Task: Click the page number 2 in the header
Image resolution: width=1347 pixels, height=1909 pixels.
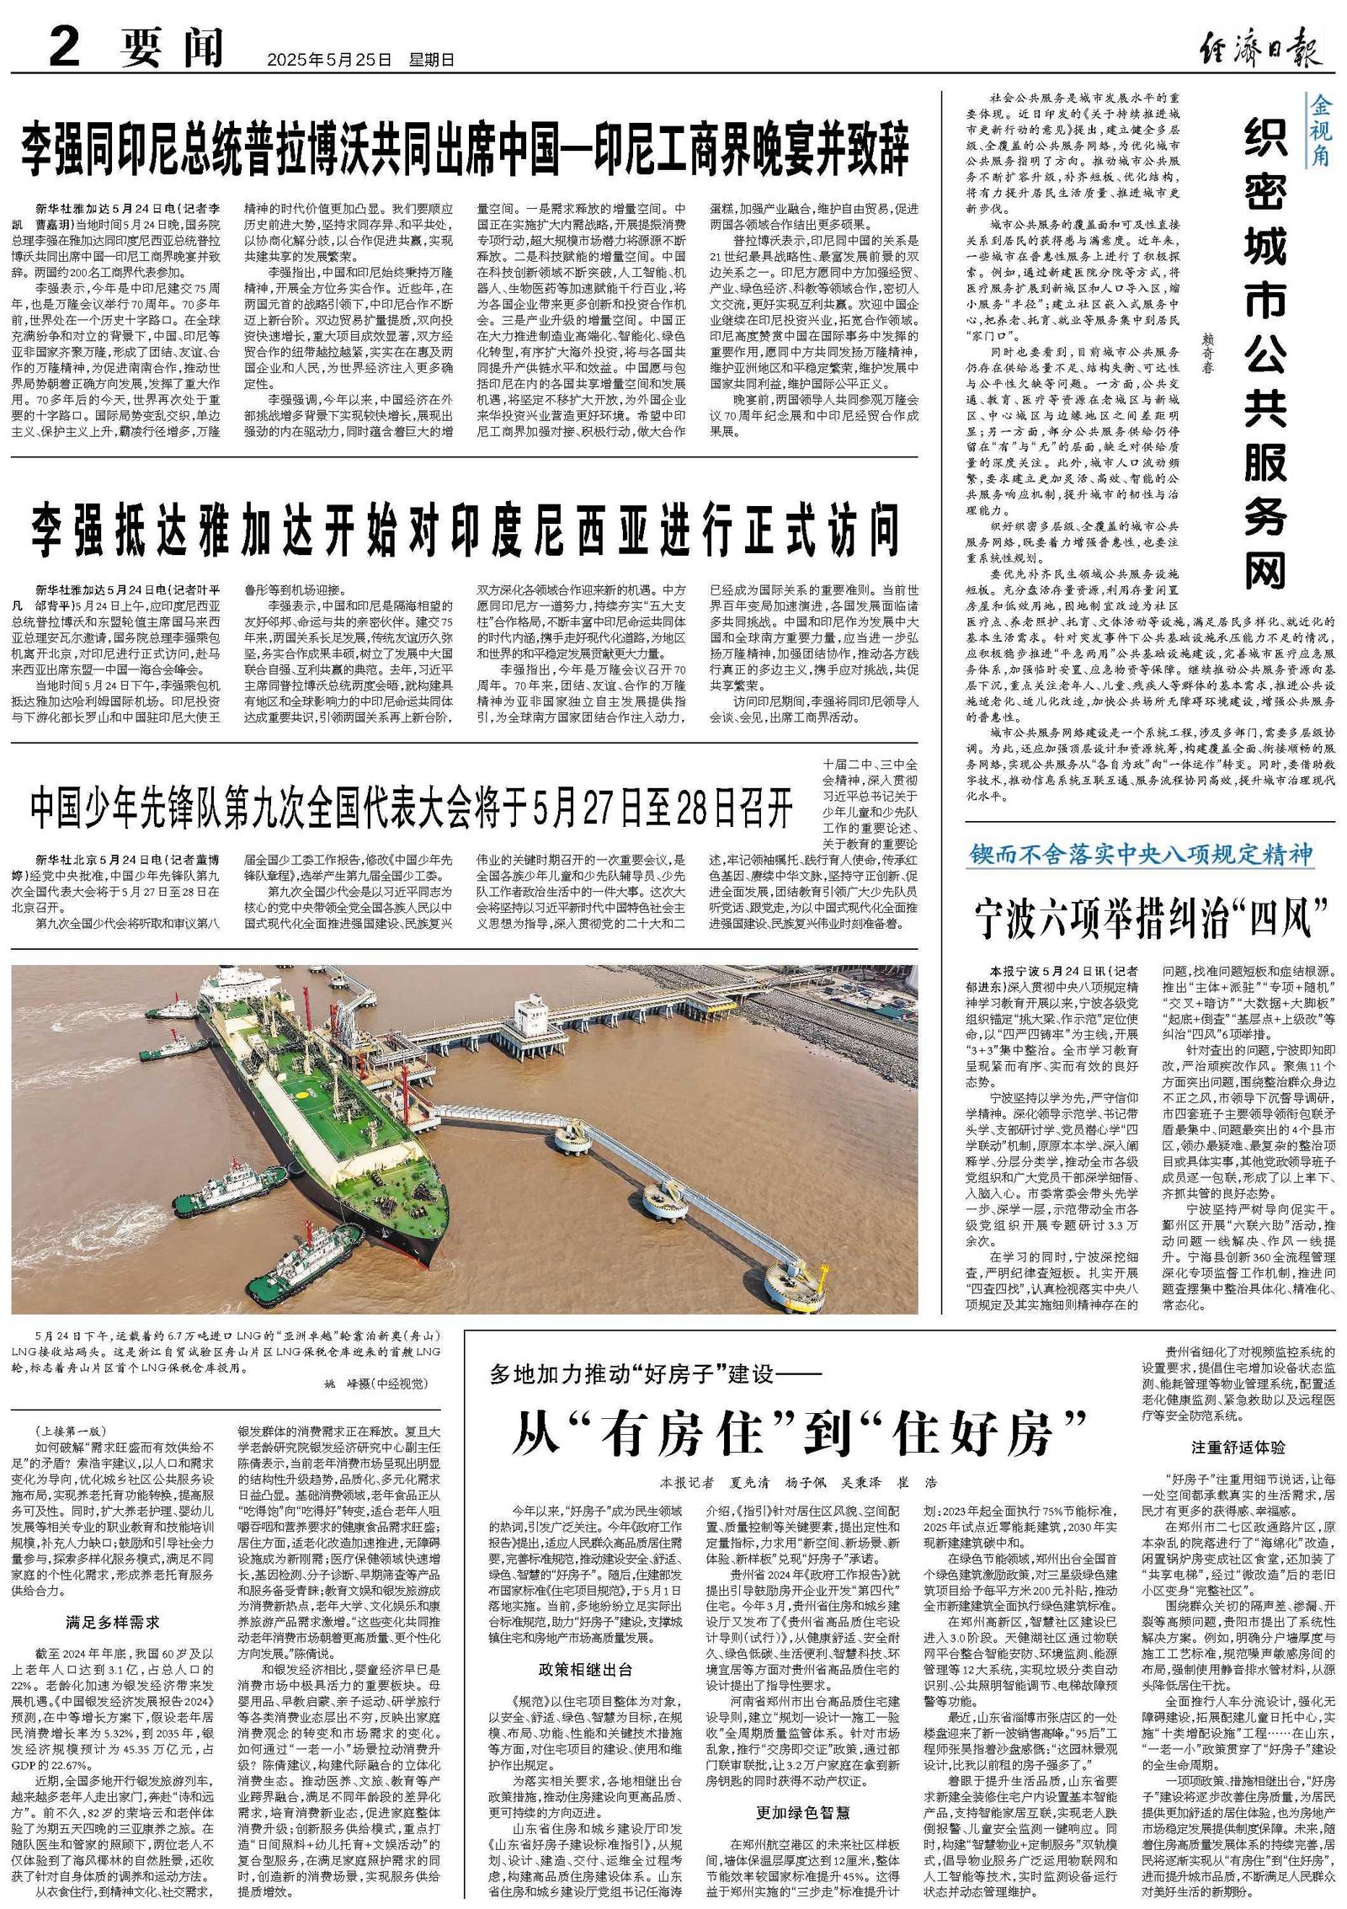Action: (64, 46)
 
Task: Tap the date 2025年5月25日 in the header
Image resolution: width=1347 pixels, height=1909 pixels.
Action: (329, 60)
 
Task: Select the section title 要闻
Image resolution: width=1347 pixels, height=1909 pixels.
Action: (172, 47)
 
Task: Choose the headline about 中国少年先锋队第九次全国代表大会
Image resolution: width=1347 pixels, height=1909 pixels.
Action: (412, 809)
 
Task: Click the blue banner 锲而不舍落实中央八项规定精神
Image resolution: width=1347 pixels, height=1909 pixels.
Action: (1141, 854)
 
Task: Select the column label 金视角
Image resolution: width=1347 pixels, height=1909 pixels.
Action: (1319, 131)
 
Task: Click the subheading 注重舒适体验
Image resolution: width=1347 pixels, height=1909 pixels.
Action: (1238, 1447)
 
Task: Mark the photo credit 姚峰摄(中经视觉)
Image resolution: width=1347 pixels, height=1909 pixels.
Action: (376, 1383)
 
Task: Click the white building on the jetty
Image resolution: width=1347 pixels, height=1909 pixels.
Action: (531, 1014)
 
